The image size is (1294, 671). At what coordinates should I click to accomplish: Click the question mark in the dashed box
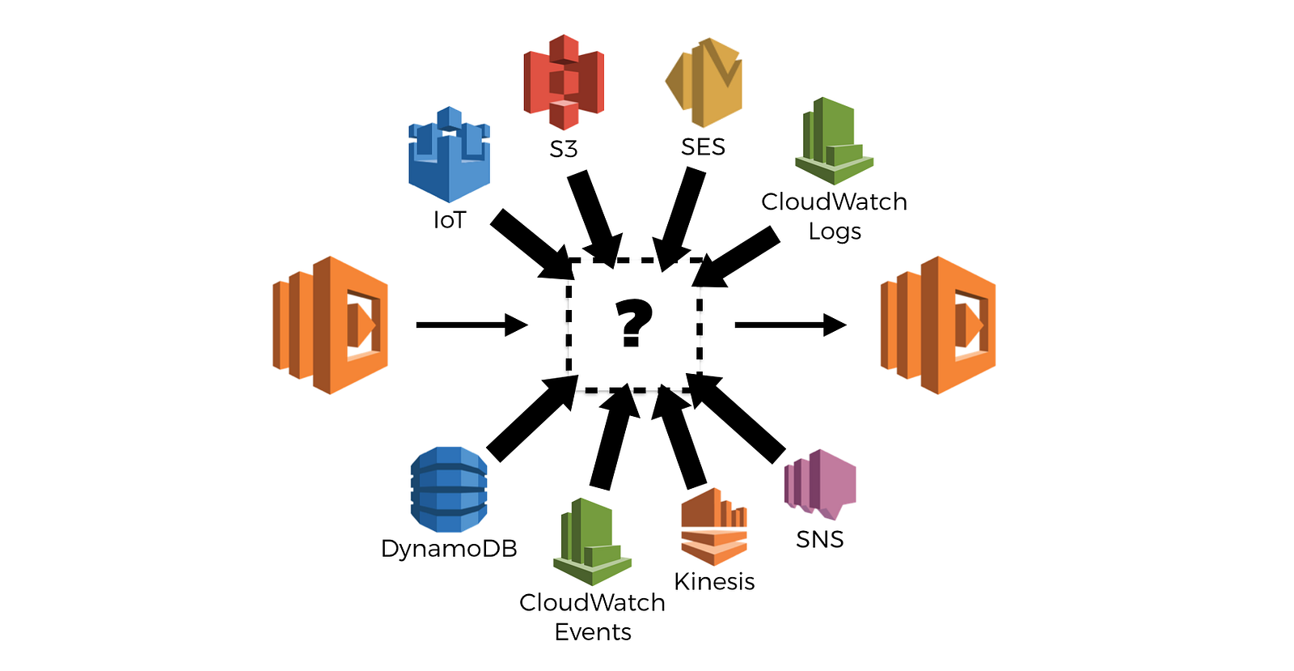[633, 323]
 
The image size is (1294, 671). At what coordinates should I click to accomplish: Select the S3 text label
[564, 149]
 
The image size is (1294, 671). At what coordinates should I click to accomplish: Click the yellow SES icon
[704, 82]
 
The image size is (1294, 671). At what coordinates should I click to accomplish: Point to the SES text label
[703, 147]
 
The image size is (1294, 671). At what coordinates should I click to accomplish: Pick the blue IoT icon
[449, 155]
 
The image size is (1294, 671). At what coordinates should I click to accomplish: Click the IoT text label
[450, 220]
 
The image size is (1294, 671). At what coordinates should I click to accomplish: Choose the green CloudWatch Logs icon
[834, 141]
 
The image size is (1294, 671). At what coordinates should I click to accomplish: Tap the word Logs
[835, 231]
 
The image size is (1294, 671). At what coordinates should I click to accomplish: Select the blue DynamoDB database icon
[449, 489]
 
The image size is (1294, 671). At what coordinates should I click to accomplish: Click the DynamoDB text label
[449, 549]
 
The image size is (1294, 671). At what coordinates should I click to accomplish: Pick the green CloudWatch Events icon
[592, 541]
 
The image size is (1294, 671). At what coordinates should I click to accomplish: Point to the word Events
[593, 632]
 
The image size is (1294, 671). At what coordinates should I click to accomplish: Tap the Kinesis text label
[714, 581]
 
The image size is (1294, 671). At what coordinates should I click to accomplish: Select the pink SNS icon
[819, 484]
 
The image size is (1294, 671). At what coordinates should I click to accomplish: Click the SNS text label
[819, 539]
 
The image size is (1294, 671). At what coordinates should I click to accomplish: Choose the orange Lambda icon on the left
[330, 325]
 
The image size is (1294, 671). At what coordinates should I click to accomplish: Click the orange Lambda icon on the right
[938, 325]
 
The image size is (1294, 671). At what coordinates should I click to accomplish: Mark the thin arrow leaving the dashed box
[789, 325]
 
